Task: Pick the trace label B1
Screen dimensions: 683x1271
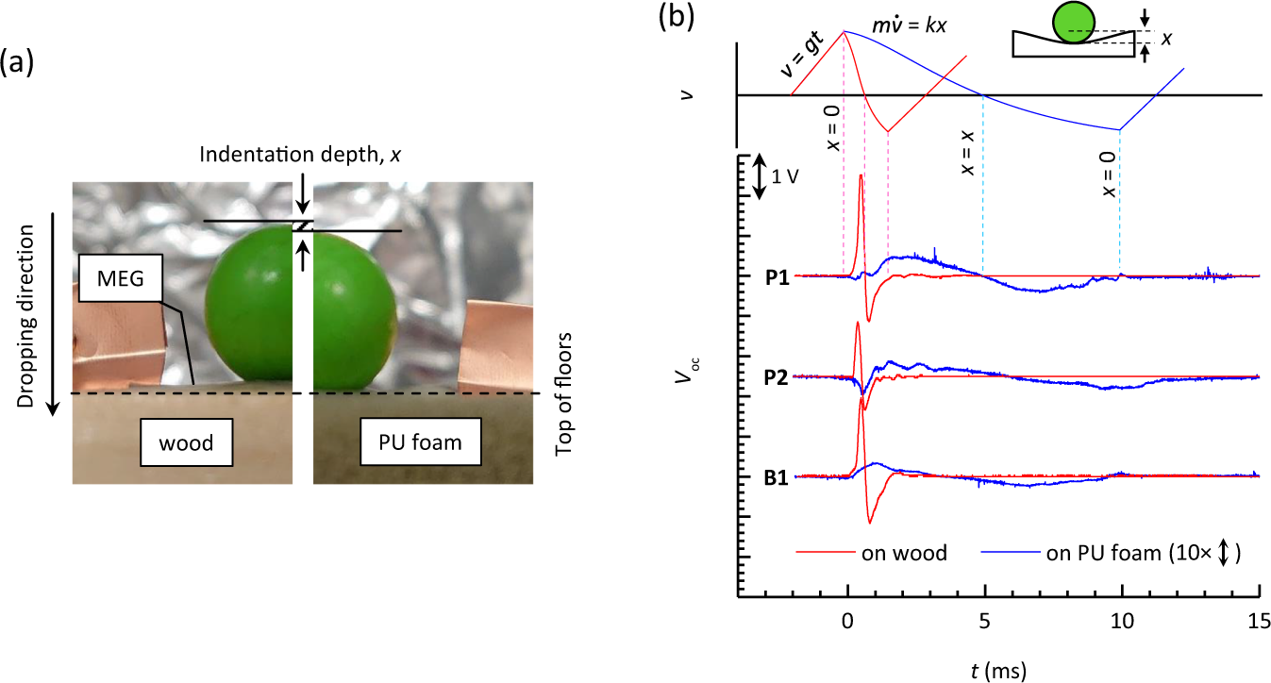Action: [778, 477]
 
